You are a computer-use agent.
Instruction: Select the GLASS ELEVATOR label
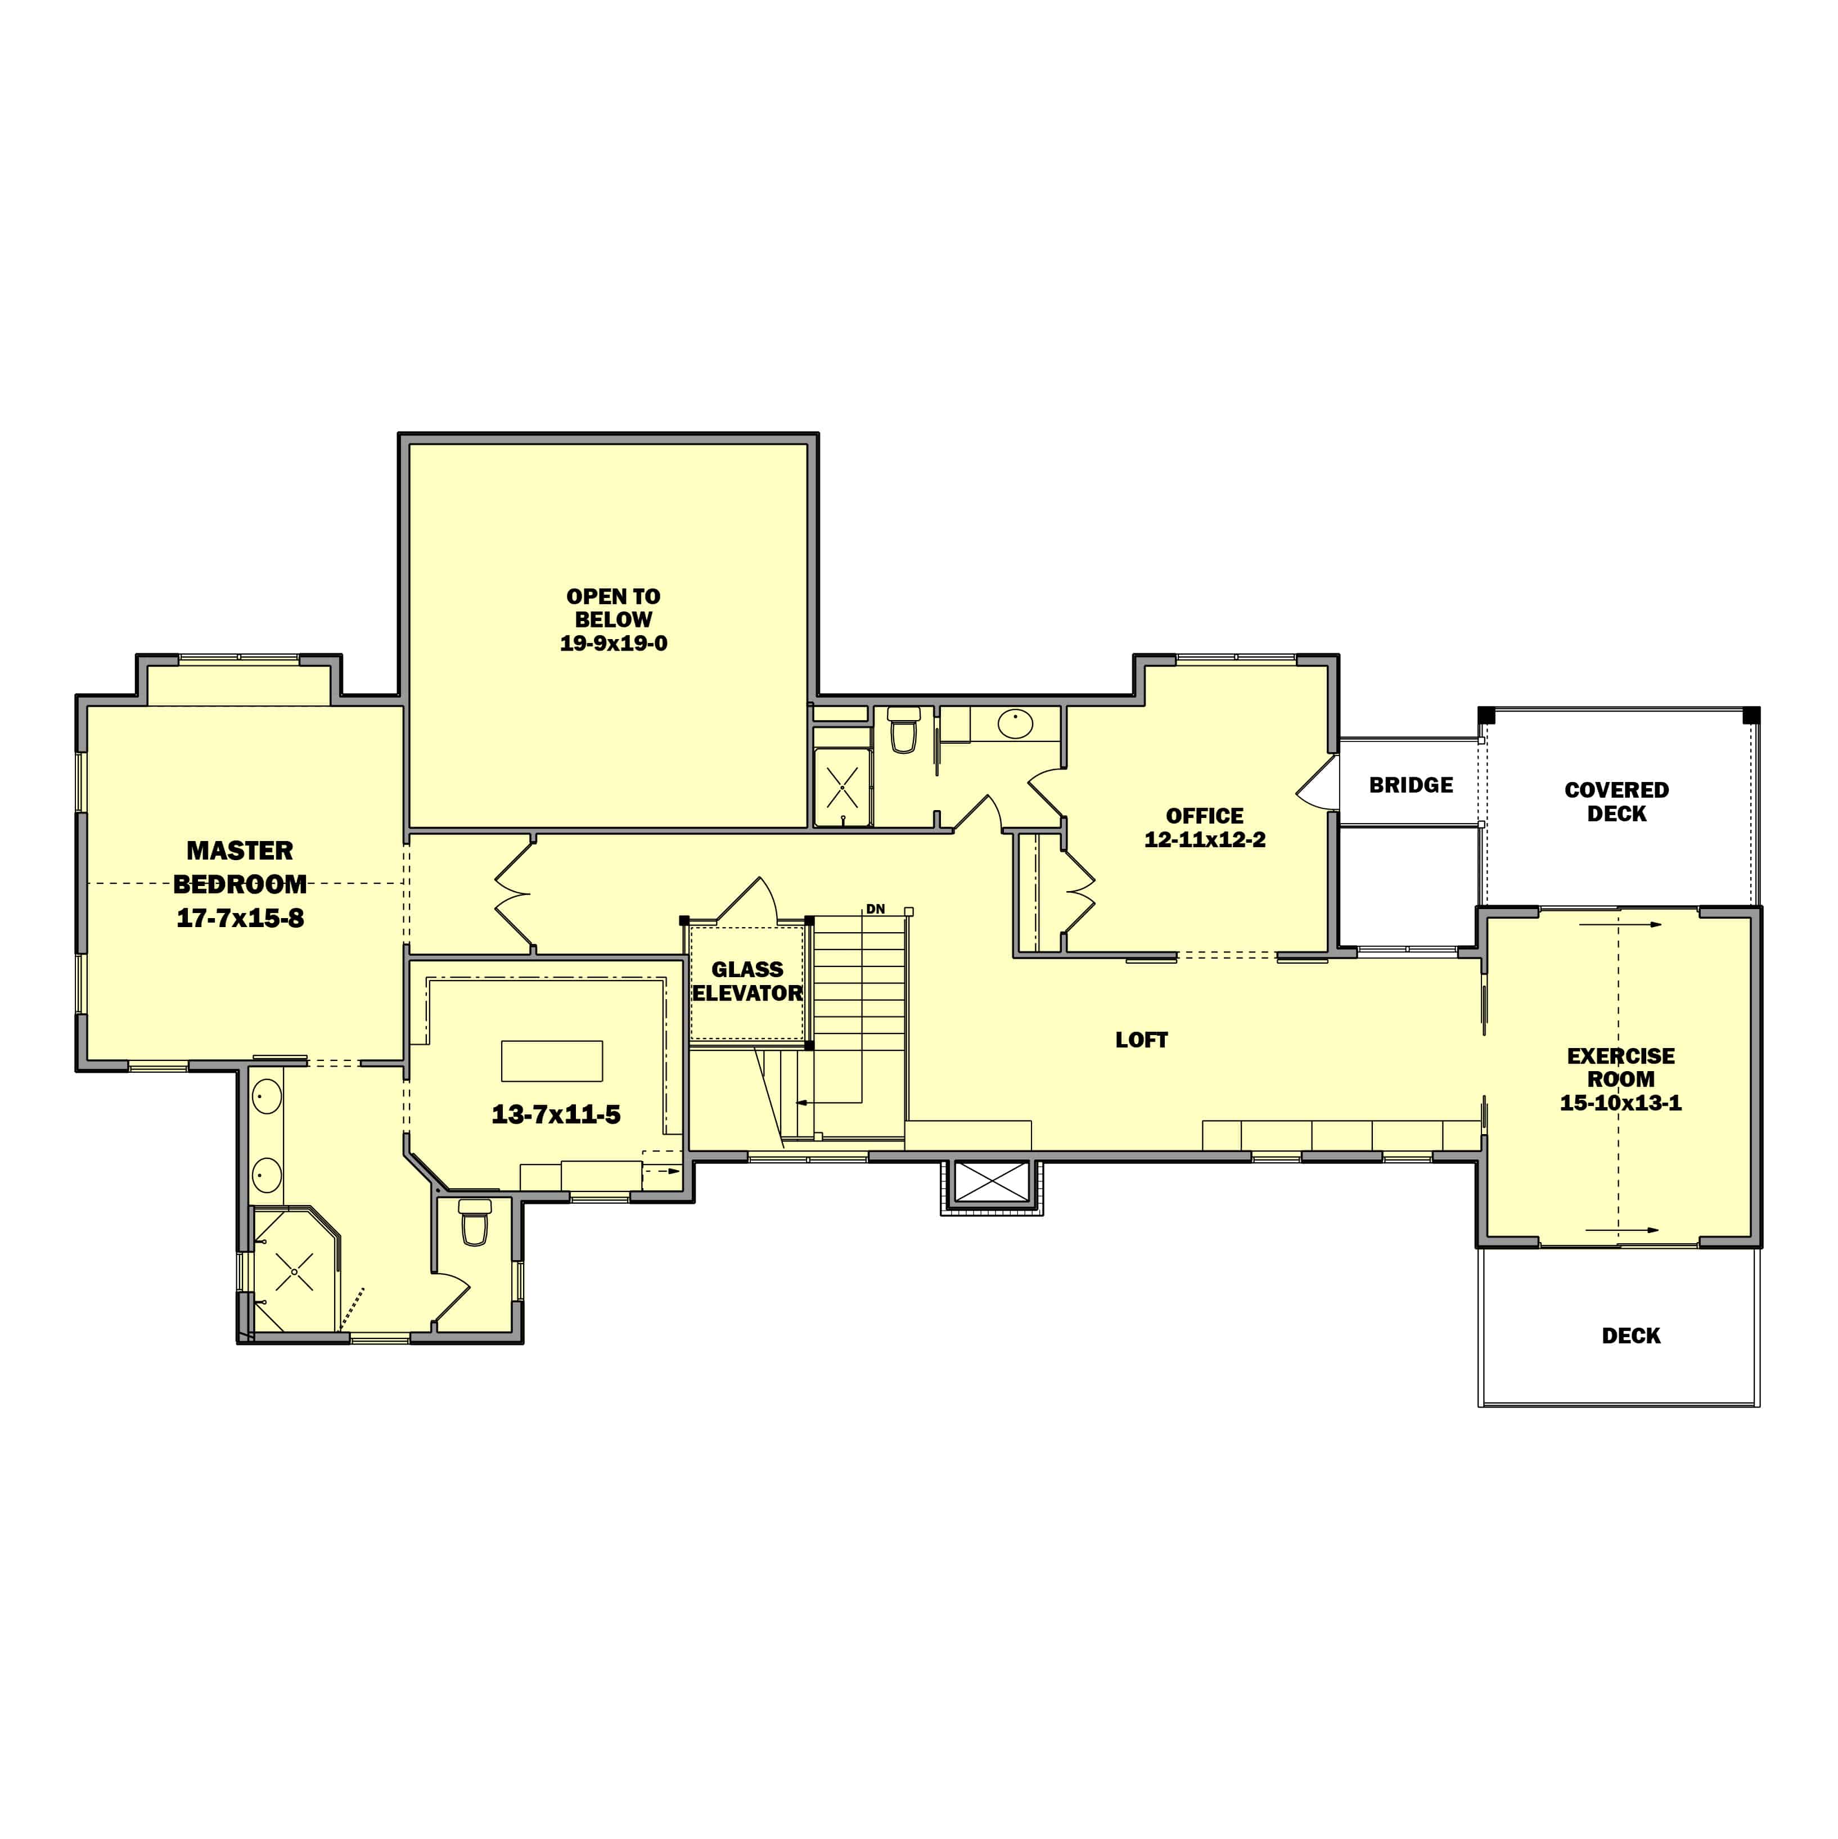[747, 981]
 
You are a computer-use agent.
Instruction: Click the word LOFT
[1141, 1040]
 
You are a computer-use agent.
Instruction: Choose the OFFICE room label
[1204, 816]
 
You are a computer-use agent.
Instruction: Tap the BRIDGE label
[1411, 785]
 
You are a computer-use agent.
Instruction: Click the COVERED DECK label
[1616, 802]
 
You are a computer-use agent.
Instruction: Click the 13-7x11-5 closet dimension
[556, 1114]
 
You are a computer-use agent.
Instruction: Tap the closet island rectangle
[552, 1062]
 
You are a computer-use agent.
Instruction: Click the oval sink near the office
[1015, 723]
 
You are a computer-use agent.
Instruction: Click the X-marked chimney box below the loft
[992, 1182]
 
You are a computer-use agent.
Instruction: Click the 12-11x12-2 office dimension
[1204, 839]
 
